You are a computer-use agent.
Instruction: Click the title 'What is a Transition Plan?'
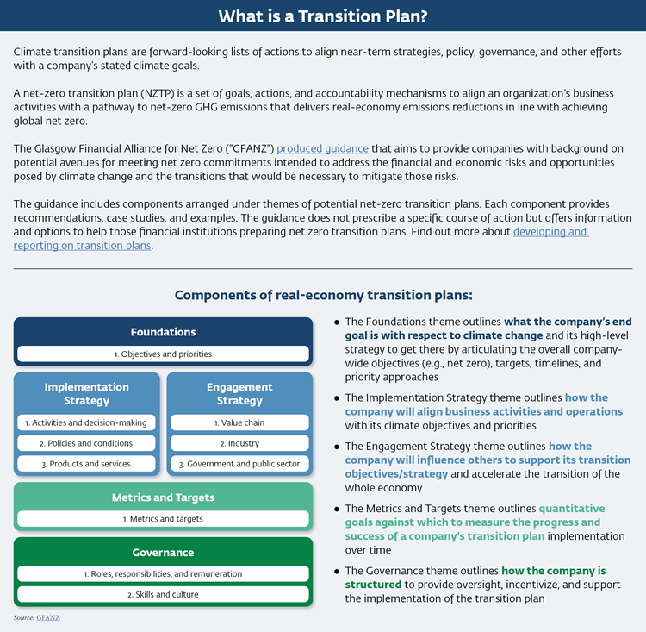pyautogui.click(x=323, y=16)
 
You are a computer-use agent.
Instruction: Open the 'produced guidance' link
pyautogui.click(x=322, y=148)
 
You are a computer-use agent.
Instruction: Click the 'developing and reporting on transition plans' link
pyautogui.click(x=551, y=231)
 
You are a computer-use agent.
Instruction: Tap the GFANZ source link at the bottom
pyautogui.click(x=48, y=618)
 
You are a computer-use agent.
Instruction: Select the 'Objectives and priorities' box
pyautogui.click(x=163, y=354)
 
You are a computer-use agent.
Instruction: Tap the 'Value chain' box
pyautogui.click(x=239, y=422)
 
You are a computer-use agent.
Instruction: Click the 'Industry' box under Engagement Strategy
pyautogui.click(x=239, y=443)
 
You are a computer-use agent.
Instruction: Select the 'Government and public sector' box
pyautogui.click(x=239, y=464)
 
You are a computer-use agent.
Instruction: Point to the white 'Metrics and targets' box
pyautogui.click(x=163, y=518)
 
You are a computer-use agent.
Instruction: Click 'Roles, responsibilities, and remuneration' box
pyautogui.click(x=163, y=573)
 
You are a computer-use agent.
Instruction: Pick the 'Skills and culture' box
pyautogui.click(x=163, y=594)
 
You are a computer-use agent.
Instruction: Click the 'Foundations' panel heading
pyautogui.click(x=163, y=332)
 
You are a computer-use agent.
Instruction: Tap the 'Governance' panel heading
pyautogui.click(x=163, y=552)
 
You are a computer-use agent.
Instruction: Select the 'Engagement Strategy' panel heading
pyautogui.click(x=239, y=394)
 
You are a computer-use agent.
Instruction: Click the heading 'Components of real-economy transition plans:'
pyautogui.click(x=323, y=295)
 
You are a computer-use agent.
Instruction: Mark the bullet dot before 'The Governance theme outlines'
pyautogui.click(x=336, y=571)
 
